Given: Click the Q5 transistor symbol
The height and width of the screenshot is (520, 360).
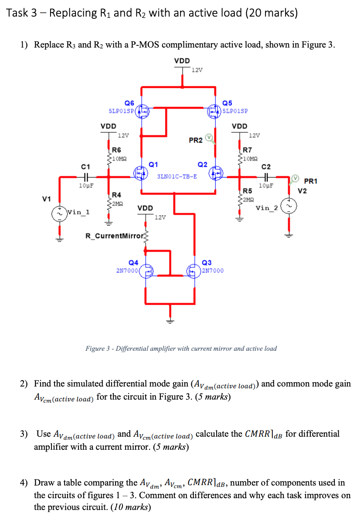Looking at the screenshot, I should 215,112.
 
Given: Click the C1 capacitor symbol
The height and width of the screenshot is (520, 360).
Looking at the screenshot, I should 85,177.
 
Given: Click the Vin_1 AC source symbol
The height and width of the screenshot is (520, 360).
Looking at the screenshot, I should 58,213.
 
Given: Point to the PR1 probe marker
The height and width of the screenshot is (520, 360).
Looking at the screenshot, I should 295,178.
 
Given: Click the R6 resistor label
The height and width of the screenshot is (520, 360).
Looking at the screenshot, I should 116,149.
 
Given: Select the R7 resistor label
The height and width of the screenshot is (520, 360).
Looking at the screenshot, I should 247,149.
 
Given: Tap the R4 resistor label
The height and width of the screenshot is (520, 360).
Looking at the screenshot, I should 116,195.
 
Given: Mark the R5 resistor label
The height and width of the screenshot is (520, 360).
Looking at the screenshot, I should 247,191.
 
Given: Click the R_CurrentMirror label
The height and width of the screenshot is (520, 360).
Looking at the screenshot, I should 114,236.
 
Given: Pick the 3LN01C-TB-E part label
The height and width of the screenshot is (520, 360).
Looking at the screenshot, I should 177,176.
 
